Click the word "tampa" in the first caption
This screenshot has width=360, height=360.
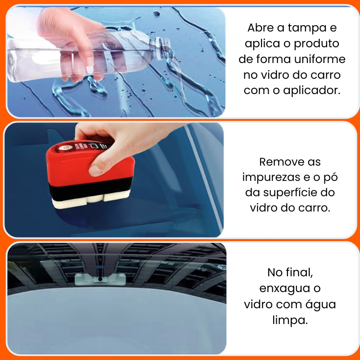pos(308,28)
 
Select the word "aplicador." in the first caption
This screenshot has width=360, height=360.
pos(311,91)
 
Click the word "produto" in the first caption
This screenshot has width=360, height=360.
pos(317,44)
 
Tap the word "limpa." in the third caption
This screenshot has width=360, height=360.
pos(290,320)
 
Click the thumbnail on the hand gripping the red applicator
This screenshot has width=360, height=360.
pos(95,171)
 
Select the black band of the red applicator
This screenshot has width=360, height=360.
pos(91,187)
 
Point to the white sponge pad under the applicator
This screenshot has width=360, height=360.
pos(91,199)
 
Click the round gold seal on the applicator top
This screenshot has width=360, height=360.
pos(62,148)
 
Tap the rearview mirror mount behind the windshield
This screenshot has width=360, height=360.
pos(100,279)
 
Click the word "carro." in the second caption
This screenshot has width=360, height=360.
pos(314,208)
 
